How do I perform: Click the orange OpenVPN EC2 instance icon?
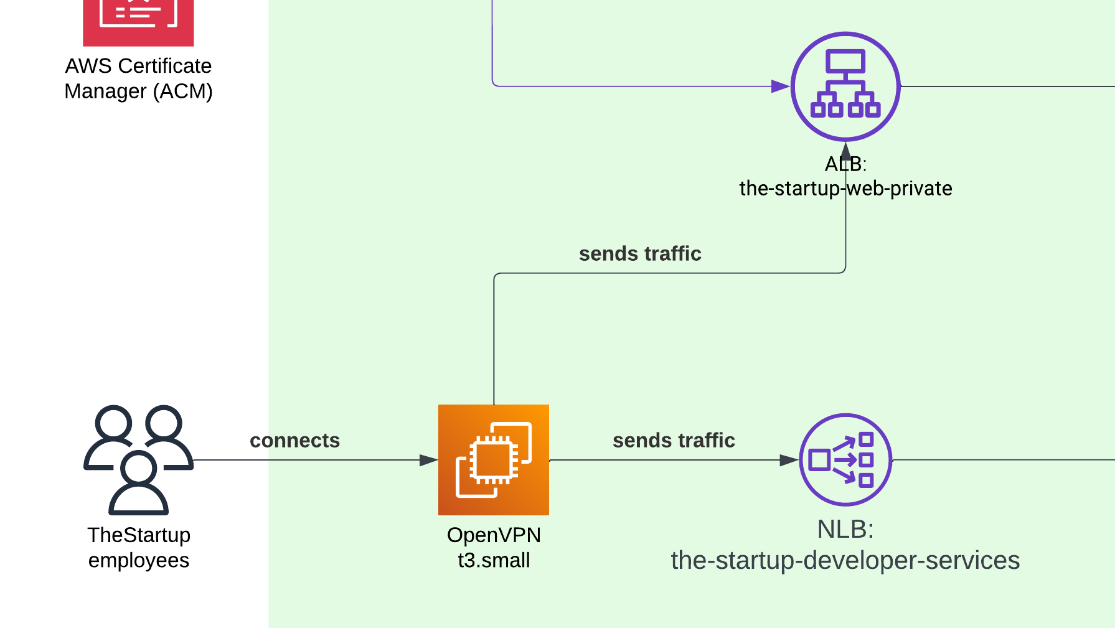(493, 460)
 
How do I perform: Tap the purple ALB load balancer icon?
(845, 87)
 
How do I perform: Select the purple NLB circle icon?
(845, 460)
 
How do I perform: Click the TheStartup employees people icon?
(138, 459)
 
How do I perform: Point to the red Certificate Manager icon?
(138, 19)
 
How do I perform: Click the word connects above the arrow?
(294, 441)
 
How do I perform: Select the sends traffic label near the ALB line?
(640, 254)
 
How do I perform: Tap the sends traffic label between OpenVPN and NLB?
(674, 441)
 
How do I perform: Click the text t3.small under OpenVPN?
(494, 560)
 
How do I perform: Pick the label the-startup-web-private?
(845, 189)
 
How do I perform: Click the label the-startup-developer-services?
(845, 561)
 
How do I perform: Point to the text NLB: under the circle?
(845, 530)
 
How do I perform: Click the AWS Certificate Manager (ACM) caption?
(138, 78)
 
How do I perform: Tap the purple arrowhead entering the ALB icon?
(780, 87)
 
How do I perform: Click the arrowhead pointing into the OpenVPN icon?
(428, 461)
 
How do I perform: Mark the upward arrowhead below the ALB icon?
(845, 151)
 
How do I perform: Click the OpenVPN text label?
(494, 535)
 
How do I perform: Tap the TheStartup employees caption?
(138, 548)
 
